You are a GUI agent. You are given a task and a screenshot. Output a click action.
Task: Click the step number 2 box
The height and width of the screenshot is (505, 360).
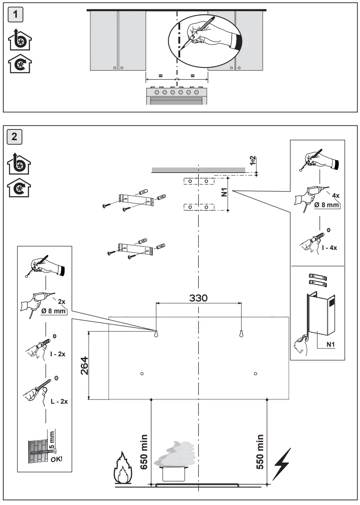(x=15, y=136)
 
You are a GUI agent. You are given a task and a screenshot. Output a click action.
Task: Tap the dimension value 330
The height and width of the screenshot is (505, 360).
(x=198, y=297)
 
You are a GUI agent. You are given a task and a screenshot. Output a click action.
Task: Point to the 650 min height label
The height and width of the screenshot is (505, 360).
(x=144, y=452)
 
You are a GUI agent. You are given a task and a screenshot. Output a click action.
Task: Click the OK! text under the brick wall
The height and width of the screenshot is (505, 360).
(x=57, y=459)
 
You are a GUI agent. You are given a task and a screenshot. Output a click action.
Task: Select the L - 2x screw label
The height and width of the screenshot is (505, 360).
(x=59, y=401)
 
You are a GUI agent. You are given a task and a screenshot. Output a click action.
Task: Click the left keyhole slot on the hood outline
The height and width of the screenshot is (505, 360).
(x=156, y=333)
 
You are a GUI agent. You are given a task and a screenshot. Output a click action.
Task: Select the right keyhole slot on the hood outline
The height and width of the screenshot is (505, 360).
(x=241, y=333)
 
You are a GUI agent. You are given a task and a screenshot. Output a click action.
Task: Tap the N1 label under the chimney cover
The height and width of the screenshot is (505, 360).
(x=331, y=344)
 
